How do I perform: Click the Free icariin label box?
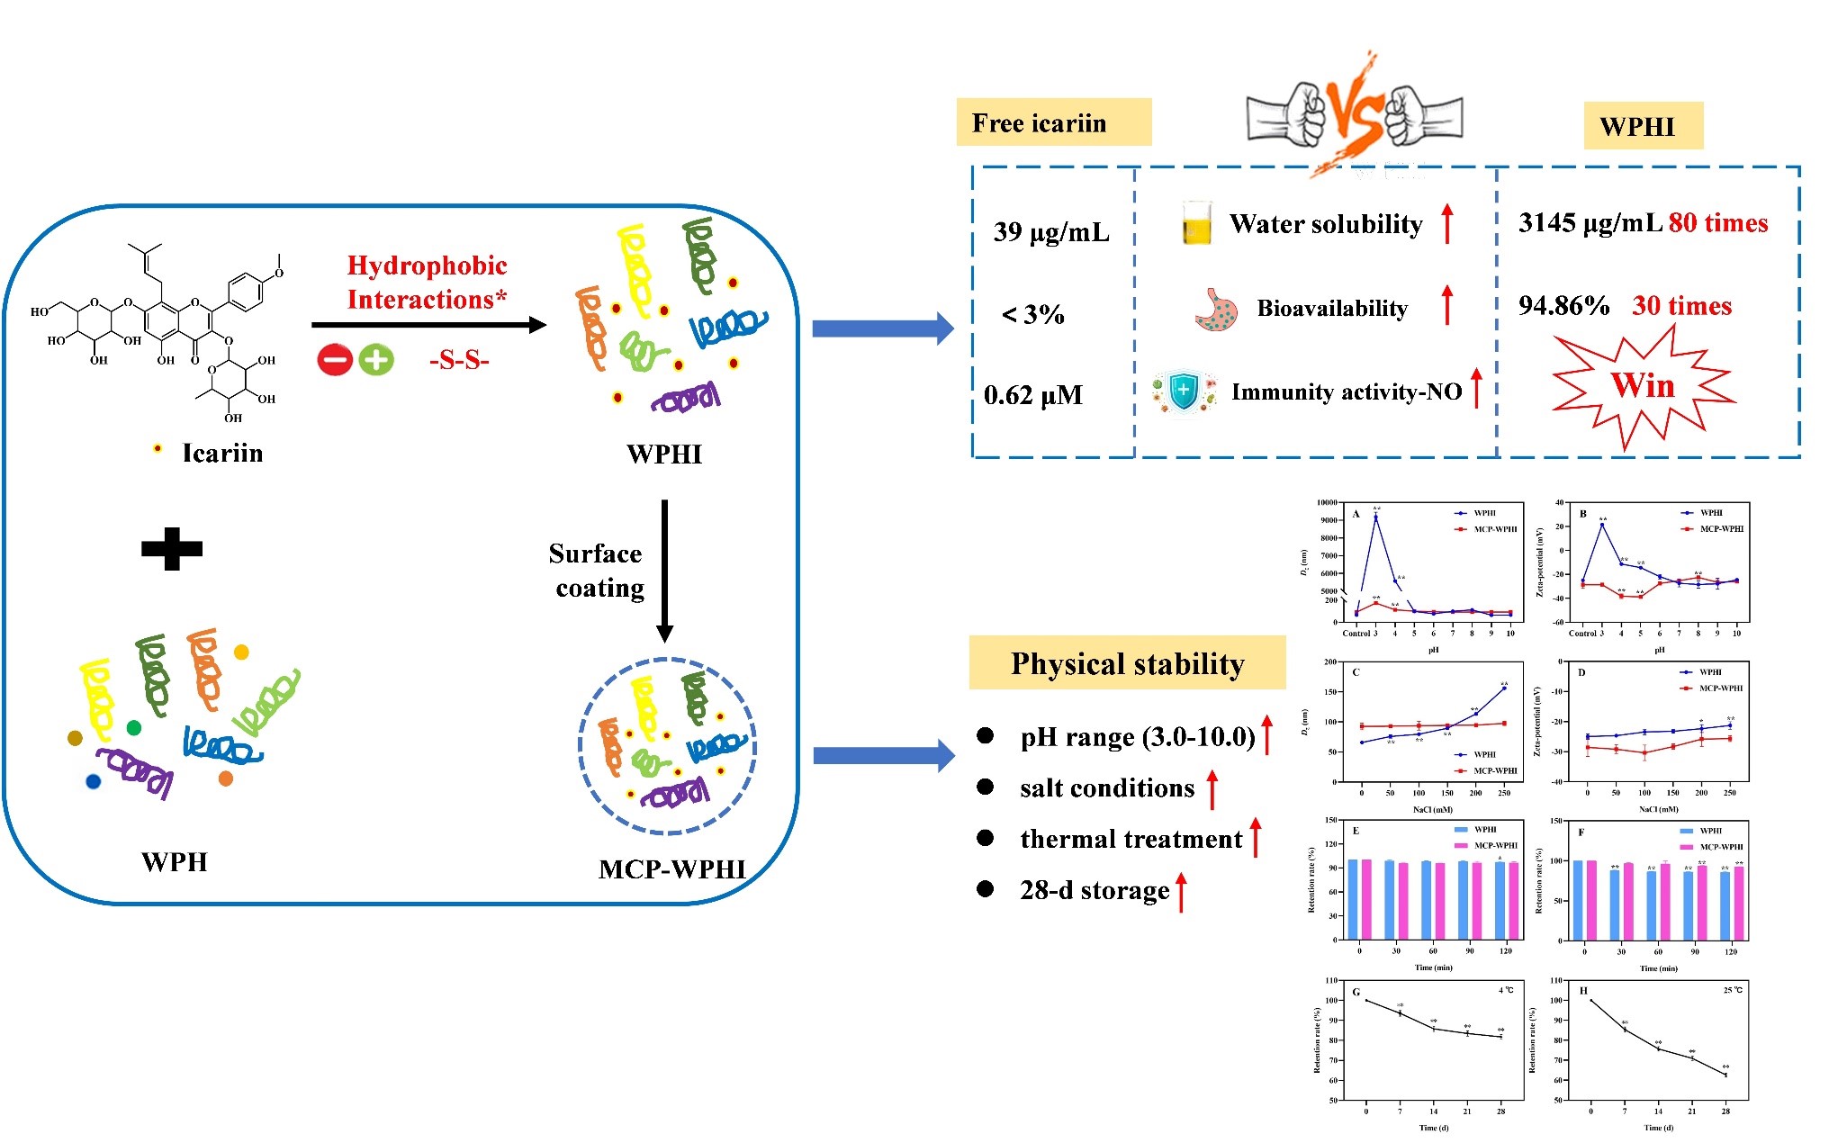pos(1053,122)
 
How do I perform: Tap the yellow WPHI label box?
pos(1643,126)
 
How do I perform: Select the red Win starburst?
pos(1644,386)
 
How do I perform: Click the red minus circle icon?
pos(334,361)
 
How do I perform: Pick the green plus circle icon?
pos(376,361)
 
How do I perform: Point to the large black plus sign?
pos(172,548)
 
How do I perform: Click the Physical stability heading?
pos(1127,663)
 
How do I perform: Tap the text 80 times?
pos(1718,222)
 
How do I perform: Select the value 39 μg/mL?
pos(1051,232)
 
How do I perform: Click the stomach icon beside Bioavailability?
pos(1216,310)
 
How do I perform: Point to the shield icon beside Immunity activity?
pos(1184,391)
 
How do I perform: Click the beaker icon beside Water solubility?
pos(1197,224)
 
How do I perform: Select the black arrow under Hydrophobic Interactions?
pos(428,325)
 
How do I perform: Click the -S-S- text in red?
pos(459,361)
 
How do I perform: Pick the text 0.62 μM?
pos(1033,395)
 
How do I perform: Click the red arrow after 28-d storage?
pos(1182,891)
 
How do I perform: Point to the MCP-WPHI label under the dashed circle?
pos(672,869)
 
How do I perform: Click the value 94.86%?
pos(1563,306)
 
